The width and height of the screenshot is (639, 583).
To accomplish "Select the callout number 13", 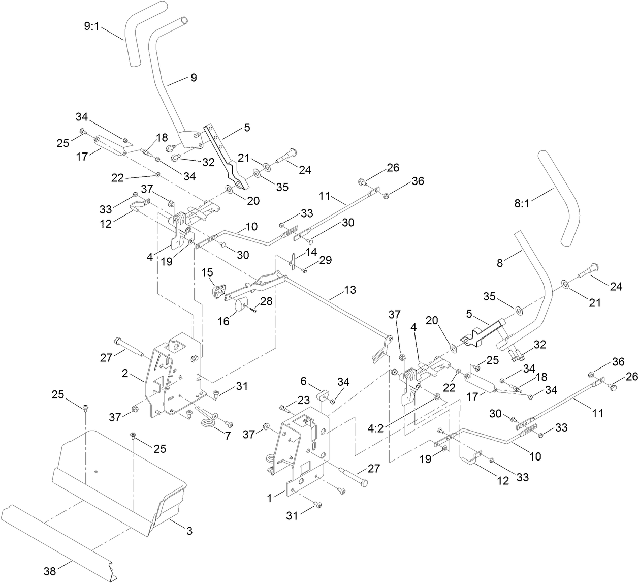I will pos(349,290).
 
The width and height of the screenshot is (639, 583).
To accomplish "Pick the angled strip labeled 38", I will pos(56,539).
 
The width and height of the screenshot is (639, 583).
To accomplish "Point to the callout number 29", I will pos(325,260).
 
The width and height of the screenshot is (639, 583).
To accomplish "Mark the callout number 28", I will pos(266,301).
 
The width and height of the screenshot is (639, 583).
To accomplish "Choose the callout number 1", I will pos(271,499).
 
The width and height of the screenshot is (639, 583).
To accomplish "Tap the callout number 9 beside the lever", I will pos(193,78).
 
